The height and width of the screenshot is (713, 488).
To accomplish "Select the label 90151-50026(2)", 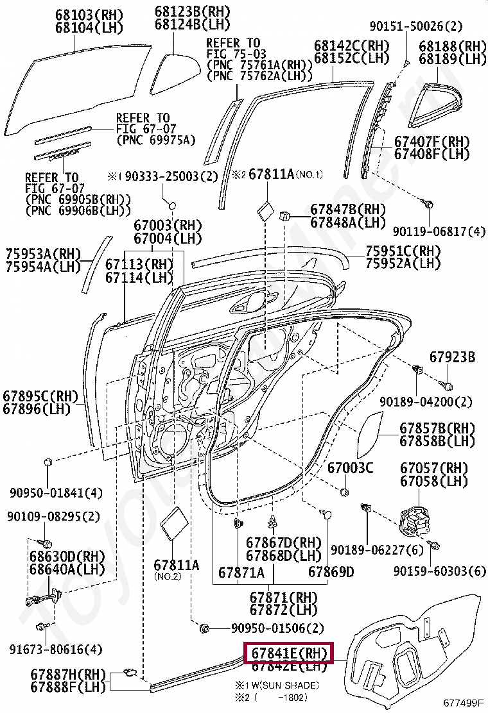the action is coord(415,26).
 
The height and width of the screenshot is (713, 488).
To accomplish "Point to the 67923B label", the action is coord(452,357).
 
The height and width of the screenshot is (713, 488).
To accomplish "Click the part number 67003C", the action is coord(350,468).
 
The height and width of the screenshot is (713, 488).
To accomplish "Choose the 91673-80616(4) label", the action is coord(55,650).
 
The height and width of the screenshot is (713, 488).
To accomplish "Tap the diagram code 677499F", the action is coord(463,703).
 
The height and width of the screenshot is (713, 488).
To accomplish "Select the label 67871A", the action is coord(241,572).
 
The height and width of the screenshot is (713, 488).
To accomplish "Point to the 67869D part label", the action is coord(331,571).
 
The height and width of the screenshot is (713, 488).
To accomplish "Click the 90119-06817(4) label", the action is coord(439,231).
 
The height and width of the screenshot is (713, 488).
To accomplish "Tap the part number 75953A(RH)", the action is coord(43,253).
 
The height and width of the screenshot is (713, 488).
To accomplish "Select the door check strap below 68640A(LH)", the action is coord(44,600).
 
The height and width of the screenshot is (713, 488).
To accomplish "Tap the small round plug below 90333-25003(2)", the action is coord(172,206).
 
